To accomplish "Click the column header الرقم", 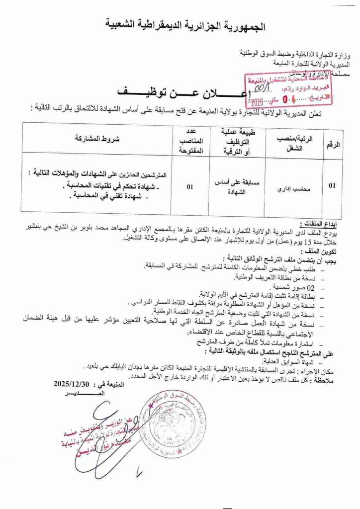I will pos(333,144).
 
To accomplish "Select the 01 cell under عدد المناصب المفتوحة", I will pos(189,187).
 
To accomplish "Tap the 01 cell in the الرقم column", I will pos(332,185).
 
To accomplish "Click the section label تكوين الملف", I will pos(321,252).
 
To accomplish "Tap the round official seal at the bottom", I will pos(174,427).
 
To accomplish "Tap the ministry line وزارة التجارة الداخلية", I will pos(293,53).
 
